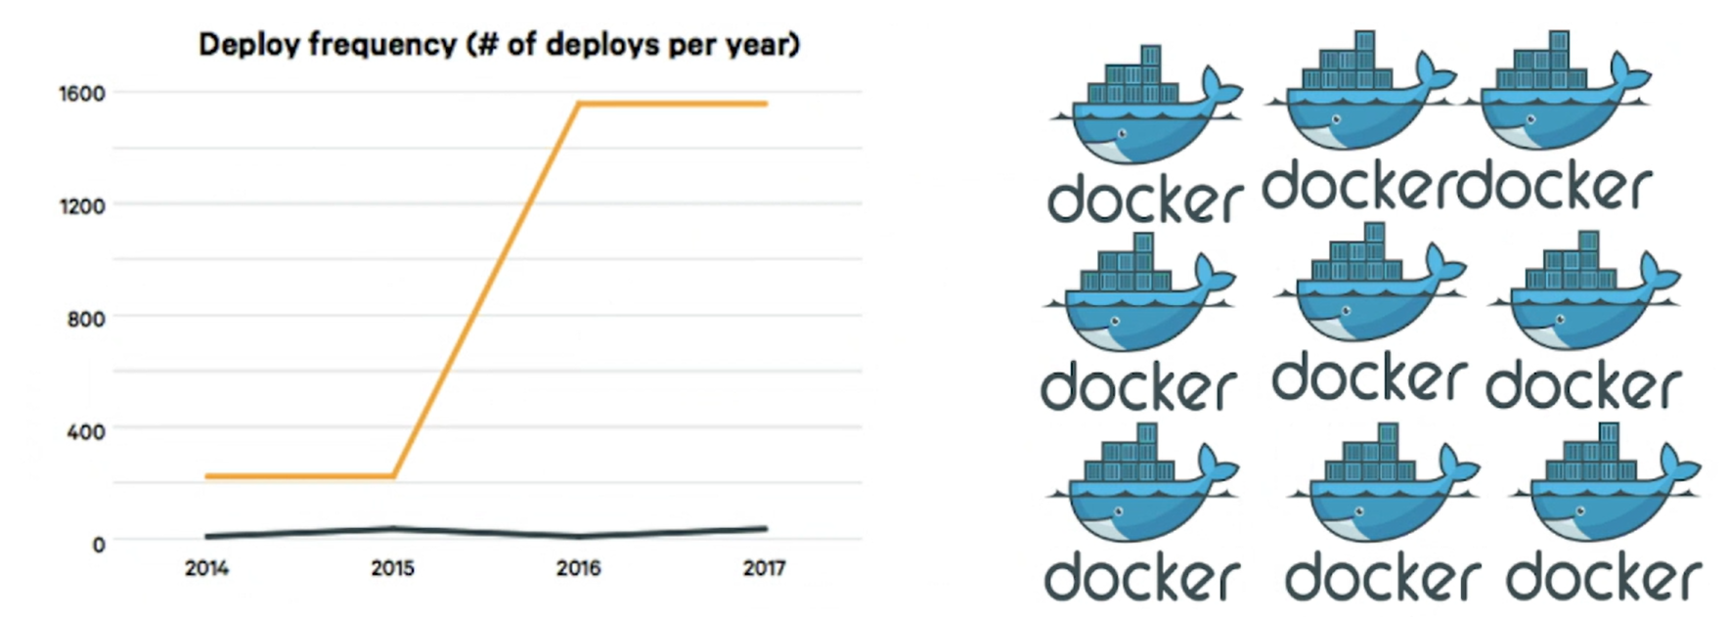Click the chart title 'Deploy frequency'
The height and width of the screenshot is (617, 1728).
click(x=499, y=45)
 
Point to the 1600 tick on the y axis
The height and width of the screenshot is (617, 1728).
click(x=82, y=94)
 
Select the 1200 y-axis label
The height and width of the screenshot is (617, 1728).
click(x=82, y=206)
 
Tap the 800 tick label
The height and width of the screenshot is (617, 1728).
click(x=86, y=319)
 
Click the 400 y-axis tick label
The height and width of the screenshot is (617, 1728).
click(x=86, y=431)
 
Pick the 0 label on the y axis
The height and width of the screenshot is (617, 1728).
click(x=99, y=545)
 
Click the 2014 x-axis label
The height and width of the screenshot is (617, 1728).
click(x=206, y=568)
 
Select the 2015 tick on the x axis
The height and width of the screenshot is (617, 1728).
click(x=392, y=568)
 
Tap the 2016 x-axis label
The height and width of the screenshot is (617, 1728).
click(x=578, y=568)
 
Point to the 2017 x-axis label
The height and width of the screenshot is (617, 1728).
click(x=764, y=568)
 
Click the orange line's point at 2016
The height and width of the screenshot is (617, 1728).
click(x=579, y=103)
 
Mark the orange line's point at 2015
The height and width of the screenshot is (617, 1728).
click(x=393, y=476)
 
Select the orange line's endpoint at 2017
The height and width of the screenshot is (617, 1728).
click(x=765, y=103)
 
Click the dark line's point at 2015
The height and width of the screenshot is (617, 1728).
click(x=393, y=529)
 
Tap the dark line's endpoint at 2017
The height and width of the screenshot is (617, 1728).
click(x=765, y=529)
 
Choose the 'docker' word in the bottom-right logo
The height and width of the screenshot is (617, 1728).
click(x=1604, y=577)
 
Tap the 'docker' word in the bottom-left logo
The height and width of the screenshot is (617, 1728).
click(x=1142, y=577)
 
